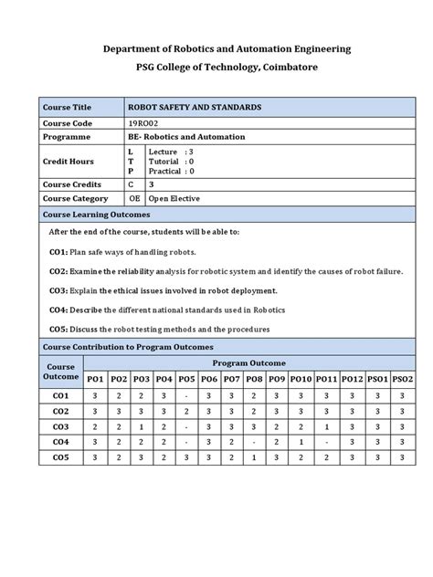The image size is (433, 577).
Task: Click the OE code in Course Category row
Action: pos(135,198)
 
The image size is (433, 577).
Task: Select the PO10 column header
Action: pos(301,379)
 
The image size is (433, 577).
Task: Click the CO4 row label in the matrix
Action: pos(61,441)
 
